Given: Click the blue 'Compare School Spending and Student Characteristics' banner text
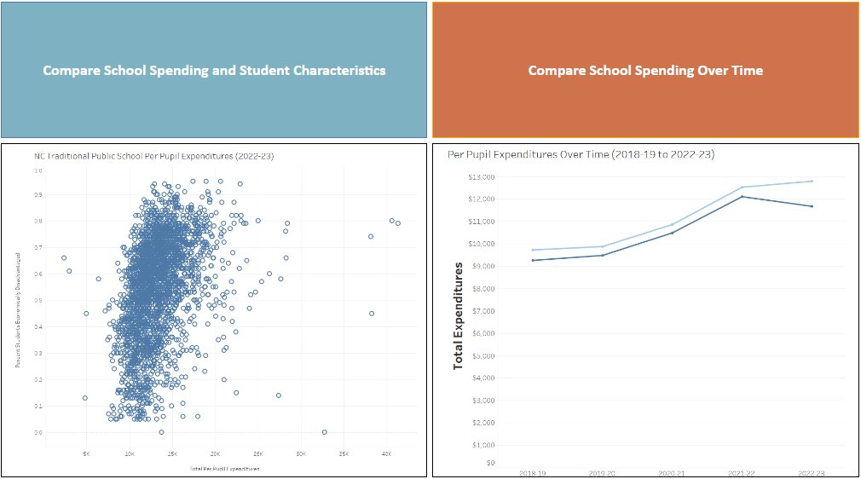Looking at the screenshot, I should pos(214,70).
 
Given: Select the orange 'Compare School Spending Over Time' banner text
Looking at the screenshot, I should pos(645,70).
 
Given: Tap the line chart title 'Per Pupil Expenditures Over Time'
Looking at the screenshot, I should pos(581,155).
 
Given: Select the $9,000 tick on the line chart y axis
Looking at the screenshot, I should pos(483,266).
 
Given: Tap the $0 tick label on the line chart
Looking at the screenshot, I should pos(488,464).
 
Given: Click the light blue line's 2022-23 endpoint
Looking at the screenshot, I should pos(812,181).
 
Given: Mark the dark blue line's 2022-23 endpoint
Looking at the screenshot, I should pos(812,206).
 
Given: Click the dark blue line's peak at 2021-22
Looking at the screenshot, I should pos(742,196).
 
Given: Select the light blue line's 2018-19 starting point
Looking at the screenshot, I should pos(532,250).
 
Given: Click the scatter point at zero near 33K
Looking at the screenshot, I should pos(324,432).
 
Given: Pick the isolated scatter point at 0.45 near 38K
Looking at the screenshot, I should pos(371,313).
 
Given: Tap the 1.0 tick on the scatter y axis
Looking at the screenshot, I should pos(37,170).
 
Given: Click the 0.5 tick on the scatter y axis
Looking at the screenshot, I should pos(37,301).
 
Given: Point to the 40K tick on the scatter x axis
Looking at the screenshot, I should pos(385,454).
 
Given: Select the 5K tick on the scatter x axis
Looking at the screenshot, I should pos(86,454).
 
